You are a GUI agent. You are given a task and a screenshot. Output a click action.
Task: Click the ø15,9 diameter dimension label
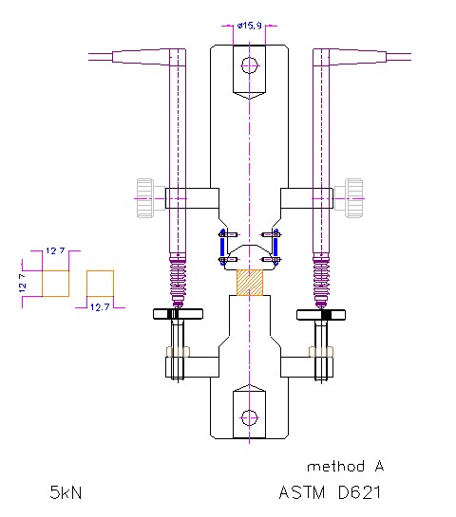tap(249, 26)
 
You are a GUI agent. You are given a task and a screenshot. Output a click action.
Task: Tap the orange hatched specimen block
tap(250, 283)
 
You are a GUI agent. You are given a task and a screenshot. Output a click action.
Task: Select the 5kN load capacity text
tap(66, 492)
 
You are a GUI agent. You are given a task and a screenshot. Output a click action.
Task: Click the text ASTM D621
tap(330, 492)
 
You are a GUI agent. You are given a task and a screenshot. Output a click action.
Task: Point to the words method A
tap(346, 466)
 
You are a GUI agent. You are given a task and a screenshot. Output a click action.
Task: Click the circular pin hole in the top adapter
tap(249, 65)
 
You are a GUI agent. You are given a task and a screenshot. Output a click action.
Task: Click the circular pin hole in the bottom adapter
tap(249, 418)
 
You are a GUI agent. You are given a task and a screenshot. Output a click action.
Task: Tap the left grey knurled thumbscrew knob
tap(145, 198)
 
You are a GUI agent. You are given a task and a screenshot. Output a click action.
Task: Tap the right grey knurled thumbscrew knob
tap(353, 198)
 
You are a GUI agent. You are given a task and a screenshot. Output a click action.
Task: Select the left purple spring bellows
tap(178, 280)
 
